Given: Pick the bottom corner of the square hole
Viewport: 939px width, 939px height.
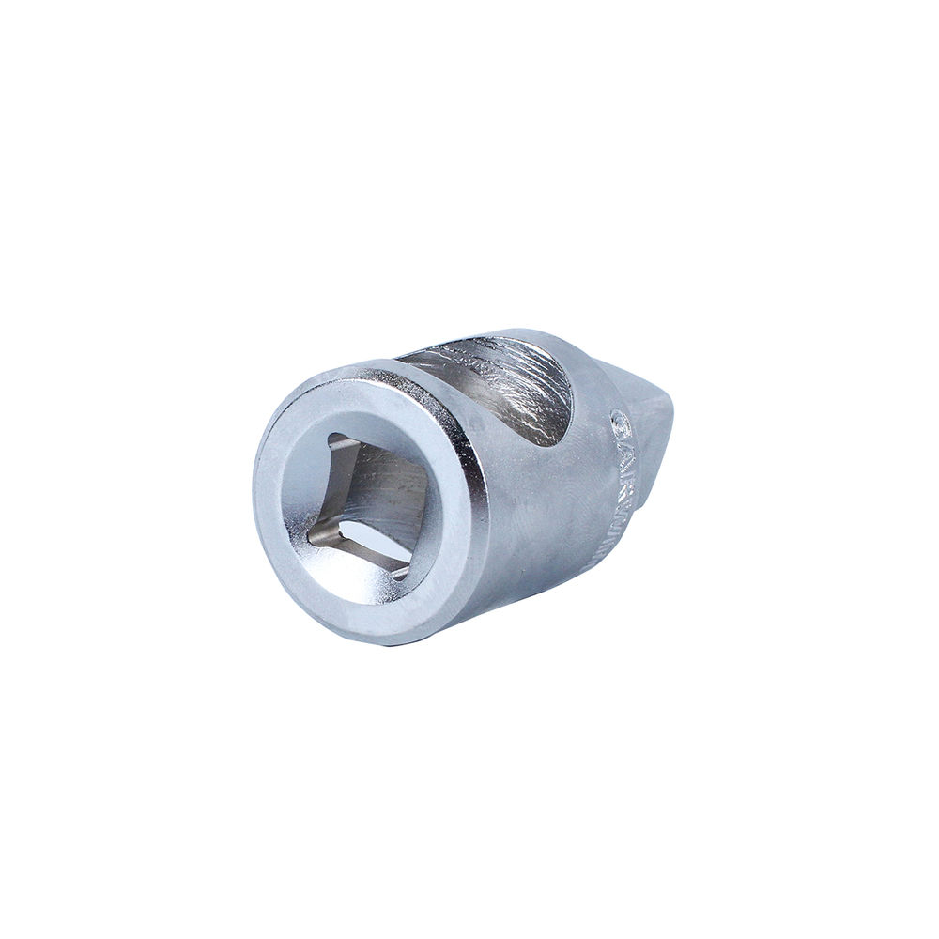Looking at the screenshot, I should point(406,572).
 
